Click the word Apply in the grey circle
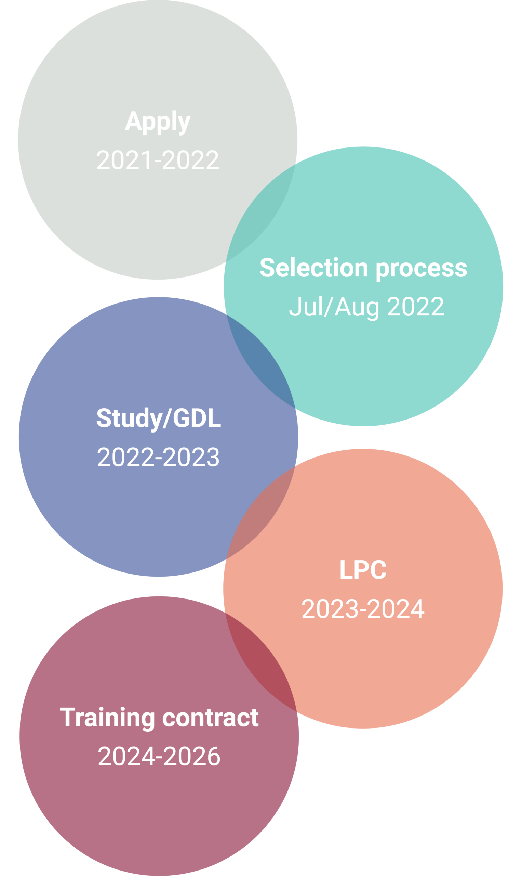coord(158,121)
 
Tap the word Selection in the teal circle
coord(314,268)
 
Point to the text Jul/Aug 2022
coord(366,306)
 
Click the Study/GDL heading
coord(158,418)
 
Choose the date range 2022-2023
coord(158,458)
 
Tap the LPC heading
coord(363,570)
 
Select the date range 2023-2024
coord(363,609)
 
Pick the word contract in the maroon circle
coord(210,718)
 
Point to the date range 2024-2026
coord(159,756)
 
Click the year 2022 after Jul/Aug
coord(415,306)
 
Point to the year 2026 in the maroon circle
coord(192,756)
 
